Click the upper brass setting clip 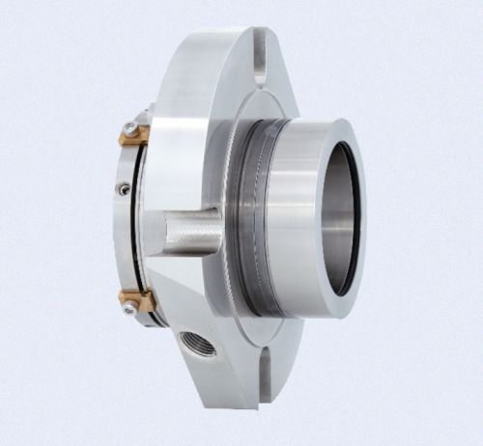(x=133, y=132)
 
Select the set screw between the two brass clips (x=123, y=189)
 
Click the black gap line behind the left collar (x=144, y=217)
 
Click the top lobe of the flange (x=222, y=58)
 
